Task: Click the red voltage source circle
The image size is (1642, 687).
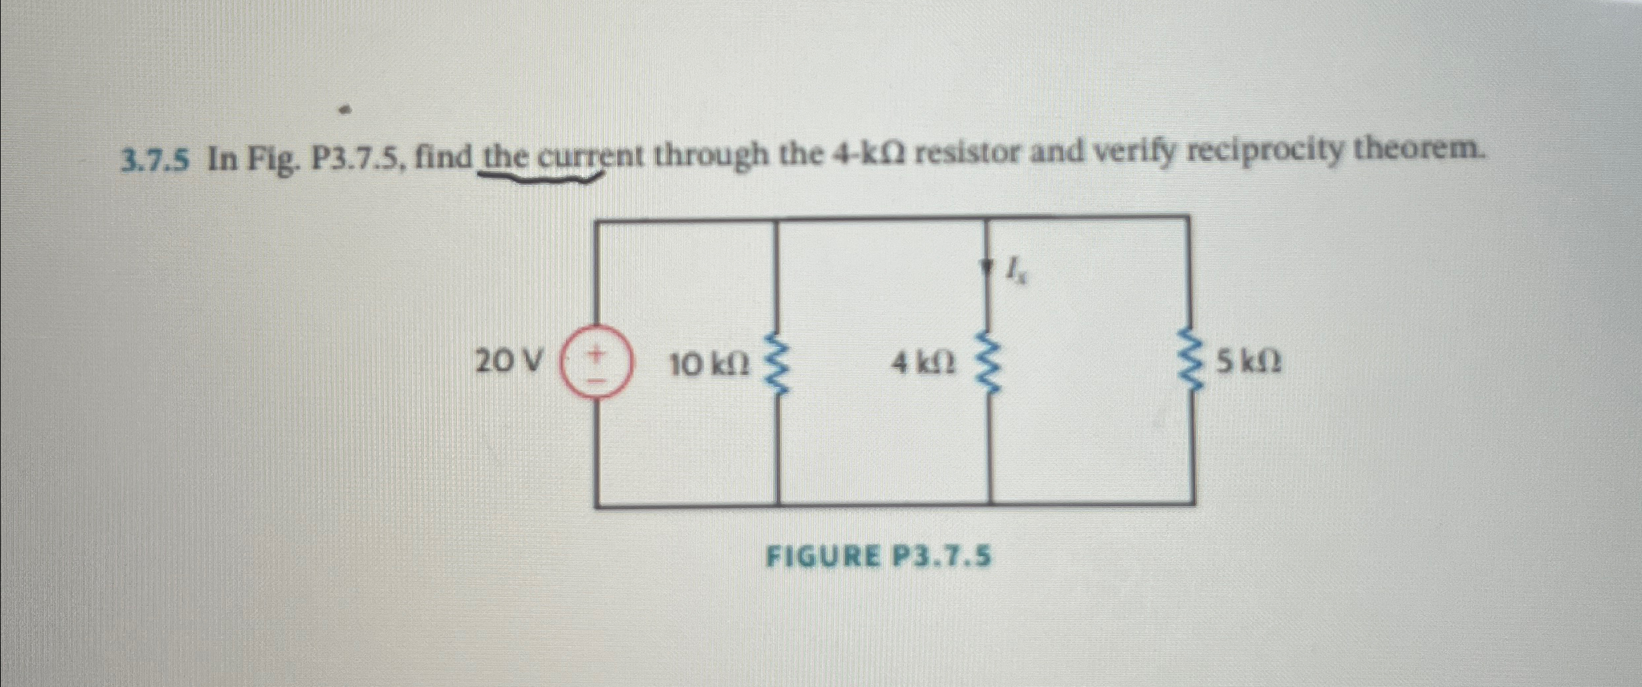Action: (596, 364)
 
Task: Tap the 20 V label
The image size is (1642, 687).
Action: (510, 362)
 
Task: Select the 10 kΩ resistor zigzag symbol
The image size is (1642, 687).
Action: (777, 364)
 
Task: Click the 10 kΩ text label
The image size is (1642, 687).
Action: (710, 363)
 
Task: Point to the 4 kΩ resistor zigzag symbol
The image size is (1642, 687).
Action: (989, 364)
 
